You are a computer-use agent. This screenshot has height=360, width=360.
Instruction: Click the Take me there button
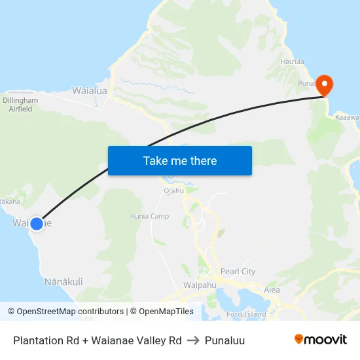pyautogui.click(x=180, y=160)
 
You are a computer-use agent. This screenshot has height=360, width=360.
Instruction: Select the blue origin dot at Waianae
pyautogui.click(x=37, y=223)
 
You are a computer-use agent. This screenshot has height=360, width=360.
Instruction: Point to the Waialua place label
pyautogui.click(x=90, y=91)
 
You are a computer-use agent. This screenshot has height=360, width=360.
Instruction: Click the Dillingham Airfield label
pyautogui.click(x=20, y=105)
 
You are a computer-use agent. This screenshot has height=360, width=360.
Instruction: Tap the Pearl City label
pyautogui.click(x=238, y=272)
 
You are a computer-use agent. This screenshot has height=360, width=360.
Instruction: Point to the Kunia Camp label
pyautogui.click(x=150, y=216)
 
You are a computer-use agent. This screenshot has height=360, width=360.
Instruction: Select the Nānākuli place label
pyautogui.click(x=63, y=282)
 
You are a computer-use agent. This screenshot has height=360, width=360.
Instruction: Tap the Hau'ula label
pyautogui.click(x=293, y=62)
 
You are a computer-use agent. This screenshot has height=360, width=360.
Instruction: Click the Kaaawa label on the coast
pyautogui.click(x=348, y=118)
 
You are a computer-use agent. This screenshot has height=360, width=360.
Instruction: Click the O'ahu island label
pyautogui.click(x=174, y=190)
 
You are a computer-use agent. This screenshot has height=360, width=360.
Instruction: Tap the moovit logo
pyautogui.click(x=320, y=339)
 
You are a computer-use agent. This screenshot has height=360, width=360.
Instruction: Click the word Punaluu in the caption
pyautogui.click(x=225, y=340)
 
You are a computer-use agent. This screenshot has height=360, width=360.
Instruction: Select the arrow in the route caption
pyautogui.click(x=193, y=340)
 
